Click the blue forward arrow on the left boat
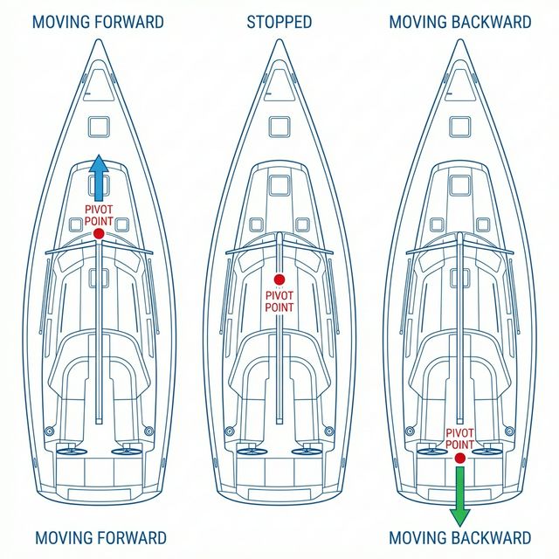point(99,177)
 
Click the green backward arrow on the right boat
point(460,496)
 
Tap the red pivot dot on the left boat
point(99,234)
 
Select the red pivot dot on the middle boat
point(279,279)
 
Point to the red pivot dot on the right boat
point(460,458)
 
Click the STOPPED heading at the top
point(279,22)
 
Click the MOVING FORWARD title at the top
point(98,22)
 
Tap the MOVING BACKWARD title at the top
point(460,22)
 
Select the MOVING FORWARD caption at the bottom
point(100,538)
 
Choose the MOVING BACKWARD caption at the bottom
point(460,538)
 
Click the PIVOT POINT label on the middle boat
point(279,301)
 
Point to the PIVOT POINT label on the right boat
point(460,438)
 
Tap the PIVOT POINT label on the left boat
point(99,215)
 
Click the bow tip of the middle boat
point(279,39)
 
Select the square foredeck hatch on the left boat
point(99,128)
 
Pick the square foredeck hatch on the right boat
point(460,128)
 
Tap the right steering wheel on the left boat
point(127,452)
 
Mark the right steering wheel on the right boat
point(487,452)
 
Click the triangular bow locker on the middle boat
point(279,85)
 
